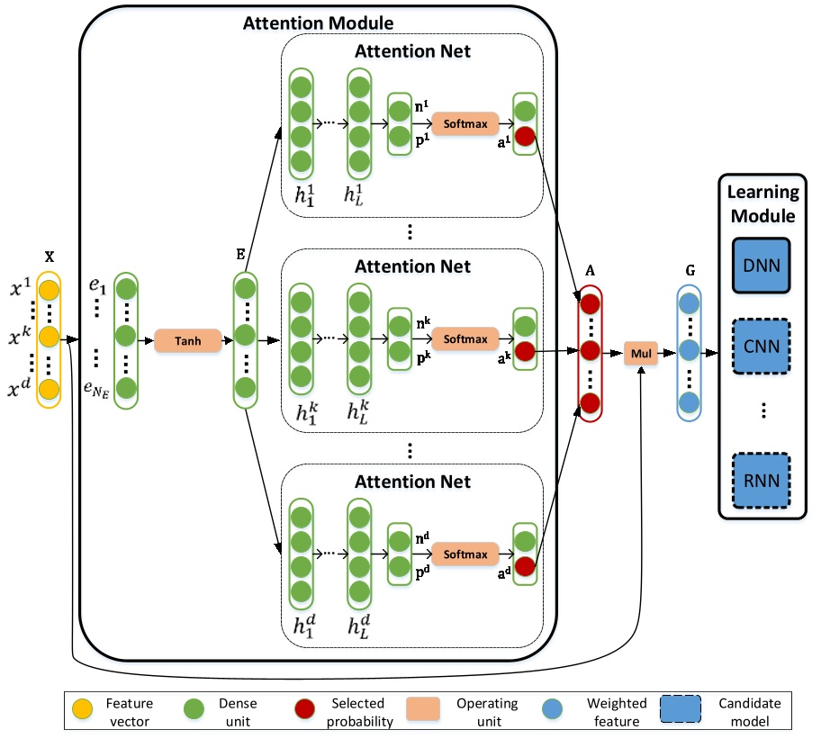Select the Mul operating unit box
(x=639, y=353)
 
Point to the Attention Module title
(x=318, y=22)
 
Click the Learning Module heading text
(x=762, y=203)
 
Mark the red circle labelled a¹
(x=525, y=137)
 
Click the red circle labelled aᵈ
(x=525, y=567)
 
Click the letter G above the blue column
(x=690, y=268)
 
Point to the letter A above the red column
(x=591, y=268)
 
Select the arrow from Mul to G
(x=665, y=353)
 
